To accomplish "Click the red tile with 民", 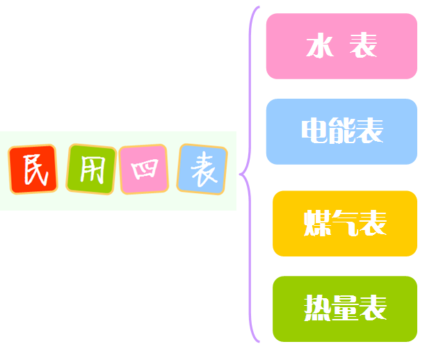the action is tap(33, 170).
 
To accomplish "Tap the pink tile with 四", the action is tap(144, 170).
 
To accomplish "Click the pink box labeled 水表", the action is tap(341, 47).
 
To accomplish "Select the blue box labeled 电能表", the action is tap(341, 131).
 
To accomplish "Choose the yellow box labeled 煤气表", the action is tap(344, 224).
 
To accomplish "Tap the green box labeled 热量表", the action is tap(344, 309).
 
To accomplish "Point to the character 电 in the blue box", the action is tap(314, 131).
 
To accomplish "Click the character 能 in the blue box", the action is tap(341, 131).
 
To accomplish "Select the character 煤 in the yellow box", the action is tap(317, 224).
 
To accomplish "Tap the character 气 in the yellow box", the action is tap(345, 224).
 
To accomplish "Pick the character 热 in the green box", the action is tap(317, 309).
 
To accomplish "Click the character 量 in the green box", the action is tap(345, 309).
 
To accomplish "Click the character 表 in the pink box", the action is tap(364, 47).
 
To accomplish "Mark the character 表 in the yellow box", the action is tap(372, 224).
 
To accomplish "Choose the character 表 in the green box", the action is tap(372, 309).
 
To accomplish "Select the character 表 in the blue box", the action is tap(369, 131).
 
